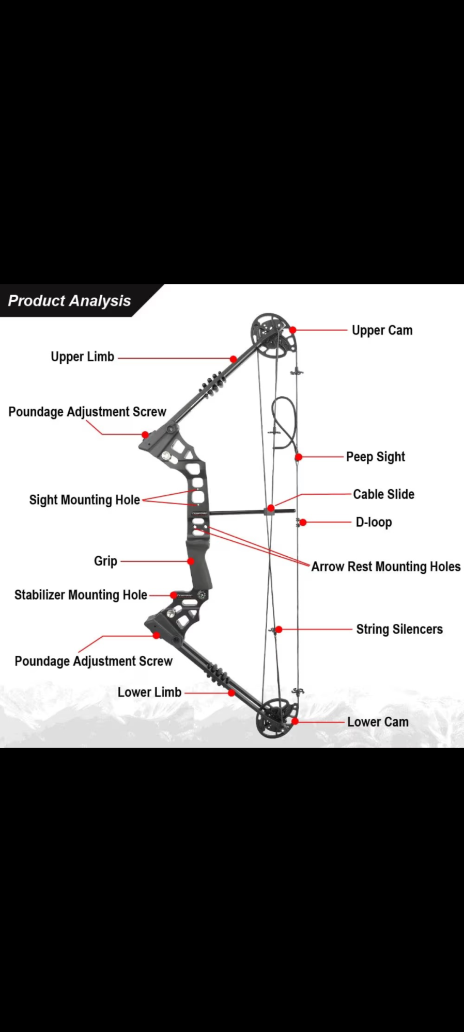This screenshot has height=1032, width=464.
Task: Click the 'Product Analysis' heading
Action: (x=69, y=301)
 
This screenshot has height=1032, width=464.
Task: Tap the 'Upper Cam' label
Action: (x=382, y=330)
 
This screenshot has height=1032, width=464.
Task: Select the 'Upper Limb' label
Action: (x=82, y=357)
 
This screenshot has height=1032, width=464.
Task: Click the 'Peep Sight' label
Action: (x=375, y=457)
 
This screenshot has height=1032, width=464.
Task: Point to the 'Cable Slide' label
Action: (x=383, y=494)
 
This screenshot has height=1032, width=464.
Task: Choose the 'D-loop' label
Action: (x=374, y=522)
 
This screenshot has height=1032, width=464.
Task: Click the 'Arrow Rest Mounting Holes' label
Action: (x=385, y=567)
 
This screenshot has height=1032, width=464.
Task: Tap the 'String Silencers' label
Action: (x=399, y=630)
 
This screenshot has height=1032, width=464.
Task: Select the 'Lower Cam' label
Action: (x=378, y=722)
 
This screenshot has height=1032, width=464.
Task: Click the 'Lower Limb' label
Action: (x=149, y=692)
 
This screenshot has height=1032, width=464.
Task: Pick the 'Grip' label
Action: (x=105, y=561)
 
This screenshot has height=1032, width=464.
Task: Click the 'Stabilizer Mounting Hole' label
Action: (x=81, y=595)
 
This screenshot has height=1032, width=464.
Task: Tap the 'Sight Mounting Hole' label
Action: (x=84, y=500)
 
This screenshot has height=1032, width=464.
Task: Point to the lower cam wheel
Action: (x=277, y=717)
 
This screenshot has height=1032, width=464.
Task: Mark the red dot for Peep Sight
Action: (x=299, y=457)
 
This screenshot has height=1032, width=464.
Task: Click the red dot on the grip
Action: (x=191, y=561)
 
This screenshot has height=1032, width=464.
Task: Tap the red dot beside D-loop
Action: (x=303, y=523)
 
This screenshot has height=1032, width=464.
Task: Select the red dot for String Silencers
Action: (x=279, y=630)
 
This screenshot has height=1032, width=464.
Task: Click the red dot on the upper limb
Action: (x=234, y=359)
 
